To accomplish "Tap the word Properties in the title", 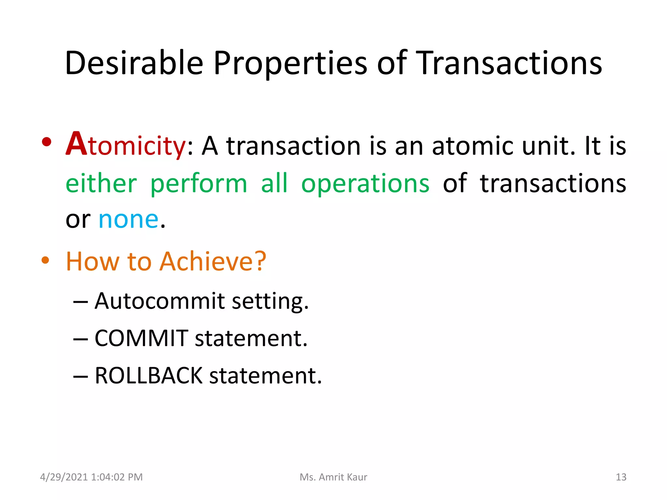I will (x=290, y=63).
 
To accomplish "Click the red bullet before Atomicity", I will (x=47, y=142).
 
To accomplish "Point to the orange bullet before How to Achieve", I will (x=45, y=260).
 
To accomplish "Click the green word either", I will (x=101, y=183).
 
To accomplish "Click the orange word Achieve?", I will (x=213, y=261).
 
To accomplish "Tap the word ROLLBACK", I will (x=149, y=376).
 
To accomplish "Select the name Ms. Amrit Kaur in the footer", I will (x=333, y=477).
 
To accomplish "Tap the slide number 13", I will (x=621, y=477).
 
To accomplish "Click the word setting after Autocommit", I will (x=270, y=301).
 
